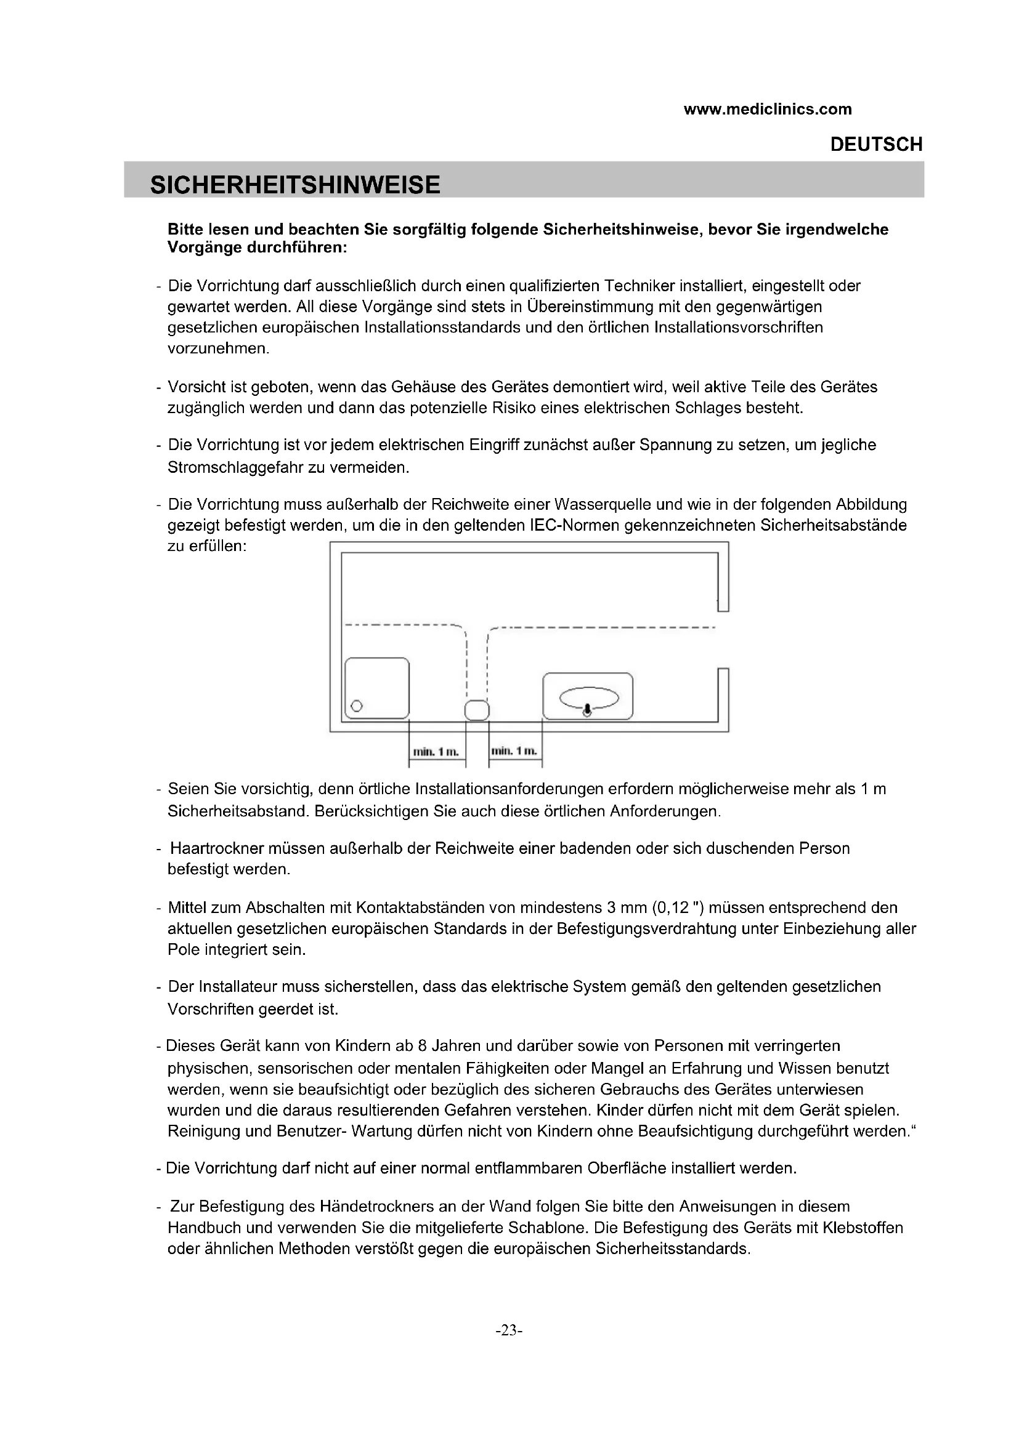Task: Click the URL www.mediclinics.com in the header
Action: tap(768, 110)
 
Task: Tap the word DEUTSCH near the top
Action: tap(876, 145)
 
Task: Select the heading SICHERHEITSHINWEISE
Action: tap(295, 185)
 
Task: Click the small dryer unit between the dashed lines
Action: tap(477, 710)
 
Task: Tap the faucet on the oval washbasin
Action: tap(587, 710)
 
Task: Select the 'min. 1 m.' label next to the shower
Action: tap(436, 751)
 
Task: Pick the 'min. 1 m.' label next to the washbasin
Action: tap(514, 750)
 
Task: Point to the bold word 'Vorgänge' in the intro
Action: tap(203, 247)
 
